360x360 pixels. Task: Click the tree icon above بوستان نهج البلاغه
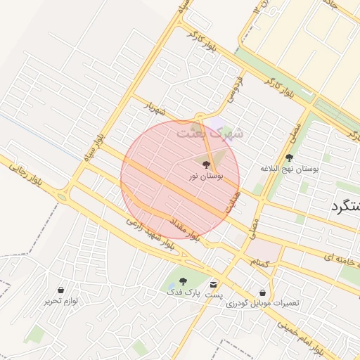point(290,157)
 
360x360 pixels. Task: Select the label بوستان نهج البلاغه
point(290,169)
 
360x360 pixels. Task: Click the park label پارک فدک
point(184,291)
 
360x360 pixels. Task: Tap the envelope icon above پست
point(214,283)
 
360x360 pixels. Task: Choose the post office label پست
point(214,295)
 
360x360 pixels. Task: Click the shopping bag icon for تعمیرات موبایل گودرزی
point(262,292)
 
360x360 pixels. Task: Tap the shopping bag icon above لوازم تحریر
point(61,289)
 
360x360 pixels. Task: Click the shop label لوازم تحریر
point(61,301)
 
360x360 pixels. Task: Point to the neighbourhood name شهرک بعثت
point(209,131)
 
